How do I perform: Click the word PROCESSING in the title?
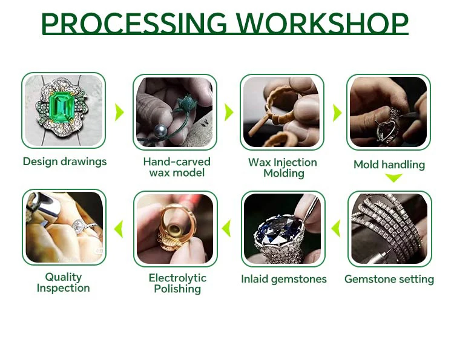[x=134, y=23]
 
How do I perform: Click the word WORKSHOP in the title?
[x=322, y=23]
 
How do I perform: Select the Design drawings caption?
[x=65, y=162]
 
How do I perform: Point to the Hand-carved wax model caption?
[x=177, y=167]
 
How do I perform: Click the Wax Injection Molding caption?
[x=283, y=168]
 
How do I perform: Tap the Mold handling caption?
[x=389, y=165]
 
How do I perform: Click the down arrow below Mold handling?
[x=394, y=178]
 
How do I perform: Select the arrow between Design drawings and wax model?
[x=119, y=112]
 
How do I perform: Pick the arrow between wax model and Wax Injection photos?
[x=229, y=112]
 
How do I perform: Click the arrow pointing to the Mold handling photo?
[x=337, y=113]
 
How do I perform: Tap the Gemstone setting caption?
[x=389, y=280]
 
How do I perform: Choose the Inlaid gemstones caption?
[x=284, y=280]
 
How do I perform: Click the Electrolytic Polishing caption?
[x=177, y=283]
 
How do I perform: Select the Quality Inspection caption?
[x=64, y=283]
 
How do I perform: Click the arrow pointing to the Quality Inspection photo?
[x=119, y=229]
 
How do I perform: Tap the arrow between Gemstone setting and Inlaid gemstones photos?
[x=335, y=228]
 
